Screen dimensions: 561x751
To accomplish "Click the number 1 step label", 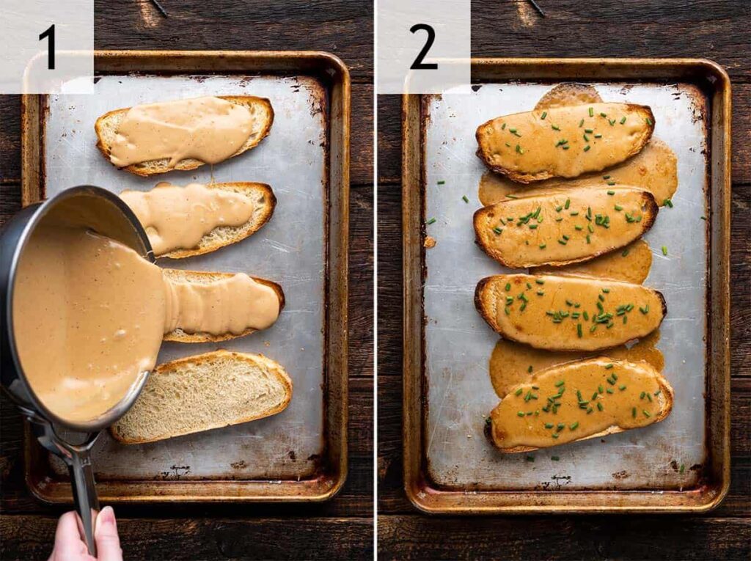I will click(x=47, y=46).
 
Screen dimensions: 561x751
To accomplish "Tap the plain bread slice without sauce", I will click(x=205, y=396).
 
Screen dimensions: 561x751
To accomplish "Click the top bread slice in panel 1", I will click(x=183, y=134).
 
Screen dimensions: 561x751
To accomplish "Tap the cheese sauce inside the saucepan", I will click(x=81, y=323).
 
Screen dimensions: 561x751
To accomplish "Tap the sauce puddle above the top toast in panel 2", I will click(x=568, y=95).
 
